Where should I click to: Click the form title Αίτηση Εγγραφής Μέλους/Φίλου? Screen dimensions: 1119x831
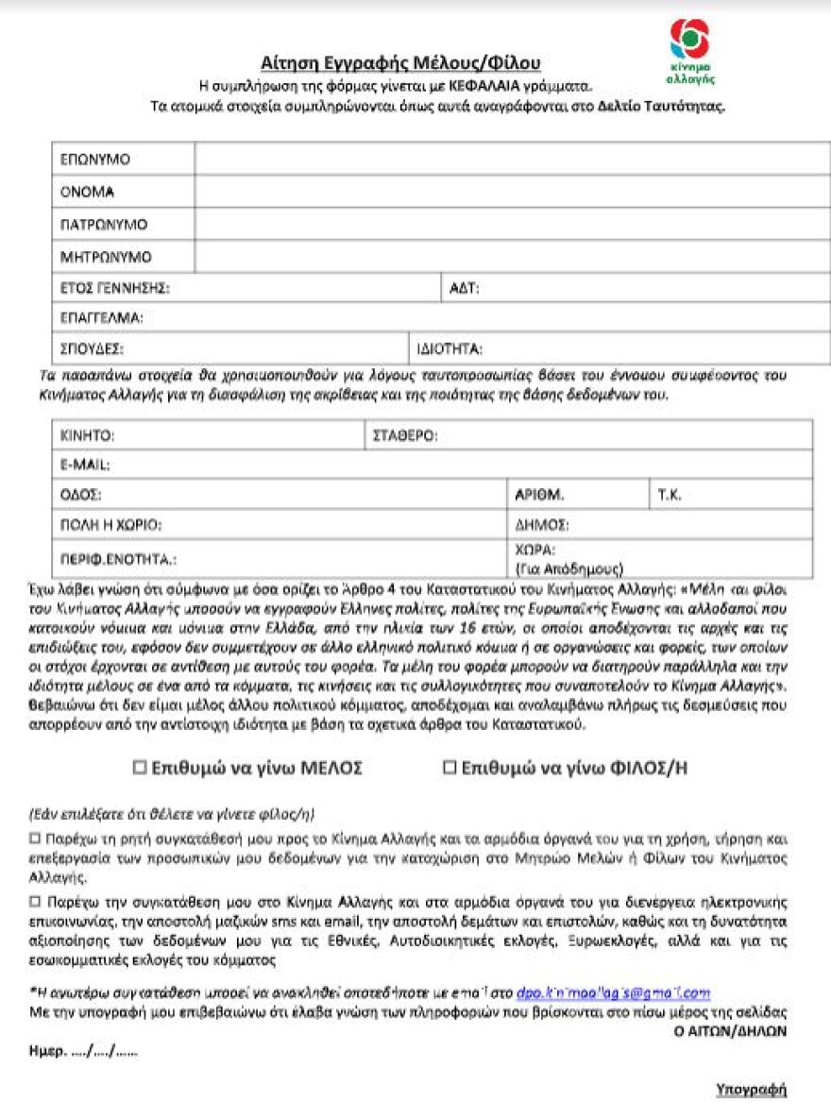pyautogui.click(x=400, y=63)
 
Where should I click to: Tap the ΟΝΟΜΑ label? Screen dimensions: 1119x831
pyautogui.click(x=88, y=192)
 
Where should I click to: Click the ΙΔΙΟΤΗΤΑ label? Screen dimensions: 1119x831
pyautogui.click(x=449, y=349)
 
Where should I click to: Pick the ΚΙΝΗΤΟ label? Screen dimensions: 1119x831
pyautogui.click(x=87, y=435)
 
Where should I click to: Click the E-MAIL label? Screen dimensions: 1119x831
pyautogui.click(x=85, y=465)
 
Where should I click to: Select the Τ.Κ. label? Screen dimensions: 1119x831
pyautogui.click(x=669, y=495)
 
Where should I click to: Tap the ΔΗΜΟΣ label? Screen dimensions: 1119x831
pyautogui.click(x=542, y=525)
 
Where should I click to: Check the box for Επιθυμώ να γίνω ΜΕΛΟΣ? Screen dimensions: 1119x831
pyautogui.click(x=140, y=768)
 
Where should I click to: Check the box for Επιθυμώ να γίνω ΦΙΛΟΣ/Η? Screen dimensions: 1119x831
pyautogui.click(x=449, y=768)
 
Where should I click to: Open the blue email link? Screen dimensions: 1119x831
pyautogui.click(x=613, y=993)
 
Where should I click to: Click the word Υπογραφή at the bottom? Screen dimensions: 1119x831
pyautogui.click(x=752, y=1090)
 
